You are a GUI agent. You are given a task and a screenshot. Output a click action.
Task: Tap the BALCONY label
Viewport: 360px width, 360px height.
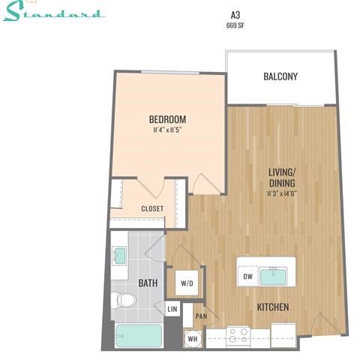click(x=281, y=76)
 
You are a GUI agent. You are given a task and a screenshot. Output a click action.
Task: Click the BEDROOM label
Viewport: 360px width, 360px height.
click(x=167, y=119)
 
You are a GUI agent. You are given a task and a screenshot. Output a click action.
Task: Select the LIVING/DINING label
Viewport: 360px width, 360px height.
click(x=281, y=177)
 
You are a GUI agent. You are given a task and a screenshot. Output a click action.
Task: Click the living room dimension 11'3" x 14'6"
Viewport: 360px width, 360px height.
click(x=281, y=193)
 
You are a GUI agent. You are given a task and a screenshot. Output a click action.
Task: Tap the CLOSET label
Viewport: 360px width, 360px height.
click(x=152, y=208)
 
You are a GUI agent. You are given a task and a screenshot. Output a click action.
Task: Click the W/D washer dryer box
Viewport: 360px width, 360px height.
click(x=187, y=284)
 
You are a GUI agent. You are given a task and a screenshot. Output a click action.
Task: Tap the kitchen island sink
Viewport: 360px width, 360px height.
click(x=275, y=277)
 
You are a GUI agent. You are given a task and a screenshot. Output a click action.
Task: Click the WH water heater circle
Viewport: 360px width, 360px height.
click(x=193, y=338)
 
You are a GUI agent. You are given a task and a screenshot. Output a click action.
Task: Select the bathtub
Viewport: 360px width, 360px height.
click(x=137, y=335)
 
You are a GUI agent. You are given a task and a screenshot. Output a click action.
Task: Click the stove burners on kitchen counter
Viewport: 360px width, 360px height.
click(x=238, y=334)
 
